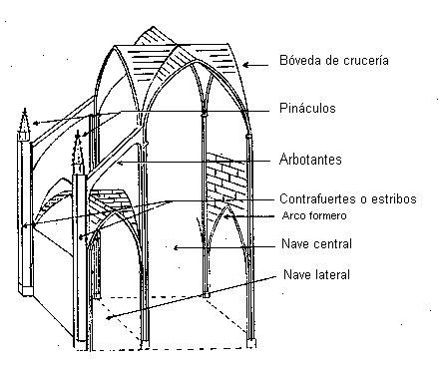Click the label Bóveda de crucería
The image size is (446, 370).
334,61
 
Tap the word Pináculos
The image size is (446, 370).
307,108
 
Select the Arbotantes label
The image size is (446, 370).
310,160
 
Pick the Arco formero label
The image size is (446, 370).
314,215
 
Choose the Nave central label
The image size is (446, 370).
316,243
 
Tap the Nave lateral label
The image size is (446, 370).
316,274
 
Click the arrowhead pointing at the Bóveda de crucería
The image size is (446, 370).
246,65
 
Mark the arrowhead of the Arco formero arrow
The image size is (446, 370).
226,216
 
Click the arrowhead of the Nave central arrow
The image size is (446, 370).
177,247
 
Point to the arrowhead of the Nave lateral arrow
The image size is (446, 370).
109,317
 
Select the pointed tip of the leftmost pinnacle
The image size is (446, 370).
25,110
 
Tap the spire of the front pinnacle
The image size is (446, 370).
78,149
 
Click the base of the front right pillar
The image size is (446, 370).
251,343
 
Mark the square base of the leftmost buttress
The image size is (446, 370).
26,289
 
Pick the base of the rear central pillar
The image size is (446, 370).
207,295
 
